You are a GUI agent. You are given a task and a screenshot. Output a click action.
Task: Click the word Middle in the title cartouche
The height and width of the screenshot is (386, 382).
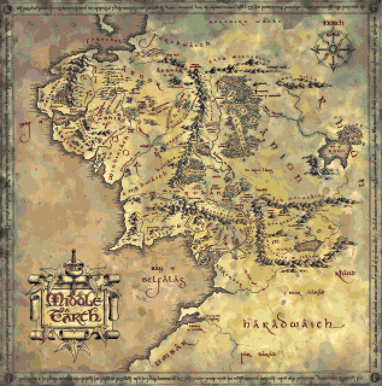pyautogui.click(x=71, y=299)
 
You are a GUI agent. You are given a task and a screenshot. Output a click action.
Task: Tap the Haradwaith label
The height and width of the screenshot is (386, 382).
pyautogui.click(x=288, y=323)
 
